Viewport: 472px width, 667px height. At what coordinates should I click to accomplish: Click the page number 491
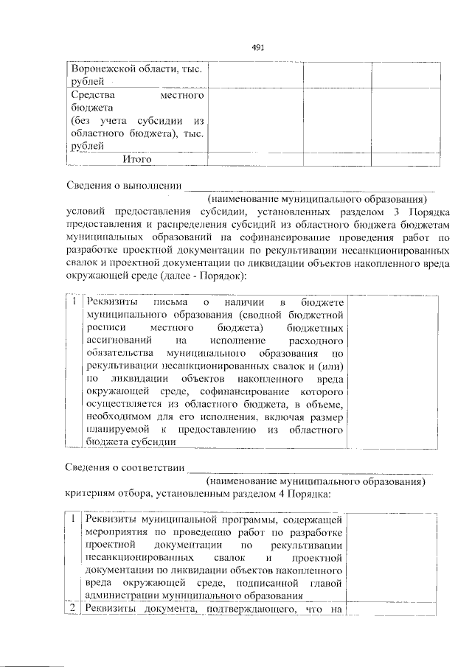click(257, 47)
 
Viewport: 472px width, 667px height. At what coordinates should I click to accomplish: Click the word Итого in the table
click(137, 158)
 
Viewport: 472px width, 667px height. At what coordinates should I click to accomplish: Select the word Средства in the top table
click(91, 96)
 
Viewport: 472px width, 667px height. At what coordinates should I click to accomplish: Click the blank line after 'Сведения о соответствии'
click(310, 468)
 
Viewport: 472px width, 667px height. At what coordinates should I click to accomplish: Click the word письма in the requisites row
click(167, 303)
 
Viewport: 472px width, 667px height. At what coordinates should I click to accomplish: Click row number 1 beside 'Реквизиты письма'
click(74, 303)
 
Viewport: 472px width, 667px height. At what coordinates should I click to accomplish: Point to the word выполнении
click(150, 184)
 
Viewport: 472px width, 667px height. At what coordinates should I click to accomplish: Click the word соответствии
click(153, 467)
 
